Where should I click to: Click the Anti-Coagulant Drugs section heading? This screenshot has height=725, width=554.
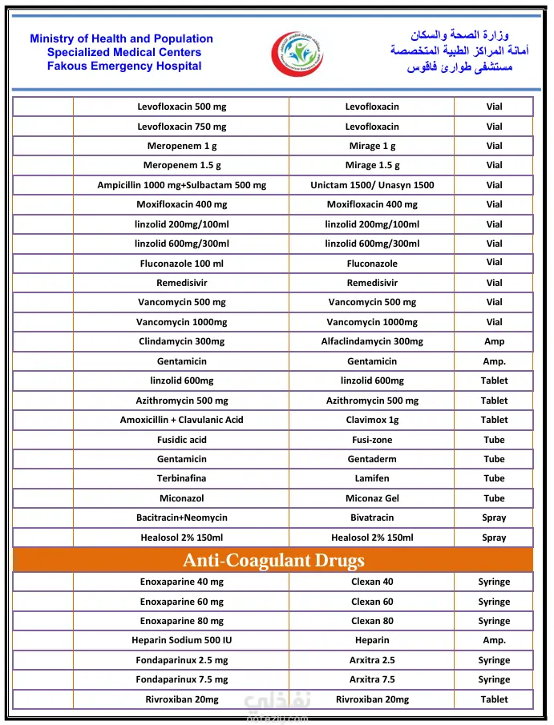(x=273, y=560)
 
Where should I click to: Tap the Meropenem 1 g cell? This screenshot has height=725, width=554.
(x=181, y=146)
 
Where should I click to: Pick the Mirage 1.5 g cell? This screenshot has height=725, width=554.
(x=372, y=165)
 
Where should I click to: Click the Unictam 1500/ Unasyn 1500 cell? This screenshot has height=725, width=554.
(x=372, y=185)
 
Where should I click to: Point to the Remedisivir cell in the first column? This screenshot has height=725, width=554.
(x=181, y=283)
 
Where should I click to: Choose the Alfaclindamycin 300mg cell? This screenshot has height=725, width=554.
(x=372, y=341)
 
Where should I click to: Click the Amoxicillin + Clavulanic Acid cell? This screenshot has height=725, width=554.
(x=181, y=420)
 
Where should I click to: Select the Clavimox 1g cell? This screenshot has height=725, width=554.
(x=372, y=420)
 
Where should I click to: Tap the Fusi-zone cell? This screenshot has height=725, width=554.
(x=372, y=440)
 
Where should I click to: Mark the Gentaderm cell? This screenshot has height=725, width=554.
(x=372, y=459)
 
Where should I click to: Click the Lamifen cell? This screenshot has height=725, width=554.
(x=372, y=478)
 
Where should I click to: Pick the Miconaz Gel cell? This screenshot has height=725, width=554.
(x=372, y=498)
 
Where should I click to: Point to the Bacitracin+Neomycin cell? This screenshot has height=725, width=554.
(x=181, y=518)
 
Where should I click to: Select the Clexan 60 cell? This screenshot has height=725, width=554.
(x=372, y=602)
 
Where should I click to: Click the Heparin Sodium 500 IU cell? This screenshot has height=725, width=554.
(x=181, y=640)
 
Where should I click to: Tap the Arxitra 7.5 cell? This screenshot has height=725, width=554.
(x=372, y=679)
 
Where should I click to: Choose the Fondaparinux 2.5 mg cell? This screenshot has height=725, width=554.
(x=181, y=660)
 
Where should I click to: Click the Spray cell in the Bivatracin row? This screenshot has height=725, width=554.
(x=494, y=518)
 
